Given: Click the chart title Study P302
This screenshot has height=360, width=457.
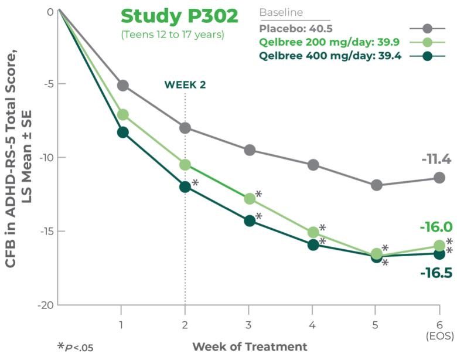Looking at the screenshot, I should (x=179, y=16).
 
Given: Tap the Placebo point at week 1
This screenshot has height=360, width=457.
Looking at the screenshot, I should (x=123, y=85).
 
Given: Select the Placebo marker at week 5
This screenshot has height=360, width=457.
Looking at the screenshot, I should (x=376, y=185).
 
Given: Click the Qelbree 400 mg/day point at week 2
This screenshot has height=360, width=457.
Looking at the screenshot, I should (x=185, y=187).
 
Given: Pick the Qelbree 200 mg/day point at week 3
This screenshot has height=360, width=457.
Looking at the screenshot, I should (x=250, y=199).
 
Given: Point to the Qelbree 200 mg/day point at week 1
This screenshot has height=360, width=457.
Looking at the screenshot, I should (x=123, y=114).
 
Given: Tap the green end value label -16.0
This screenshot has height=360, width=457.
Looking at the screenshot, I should (x=435, y=227).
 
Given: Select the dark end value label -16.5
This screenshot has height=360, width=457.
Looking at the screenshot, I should (x=435, y=272).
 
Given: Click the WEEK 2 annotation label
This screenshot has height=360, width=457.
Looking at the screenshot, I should (x=185, y=84).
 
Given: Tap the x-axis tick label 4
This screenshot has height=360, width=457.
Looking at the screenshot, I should (x=313, y=324).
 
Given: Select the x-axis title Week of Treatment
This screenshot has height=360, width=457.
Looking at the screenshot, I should (x=250, y=347).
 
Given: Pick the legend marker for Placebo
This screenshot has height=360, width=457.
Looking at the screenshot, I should (x=427, y=29).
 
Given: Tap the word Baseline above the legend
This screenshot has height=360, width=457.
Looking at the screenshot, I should (x=281, y=12).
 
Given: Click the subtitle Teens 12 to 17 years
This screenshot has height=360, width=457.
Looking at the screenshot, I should (x=172, y=35).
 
